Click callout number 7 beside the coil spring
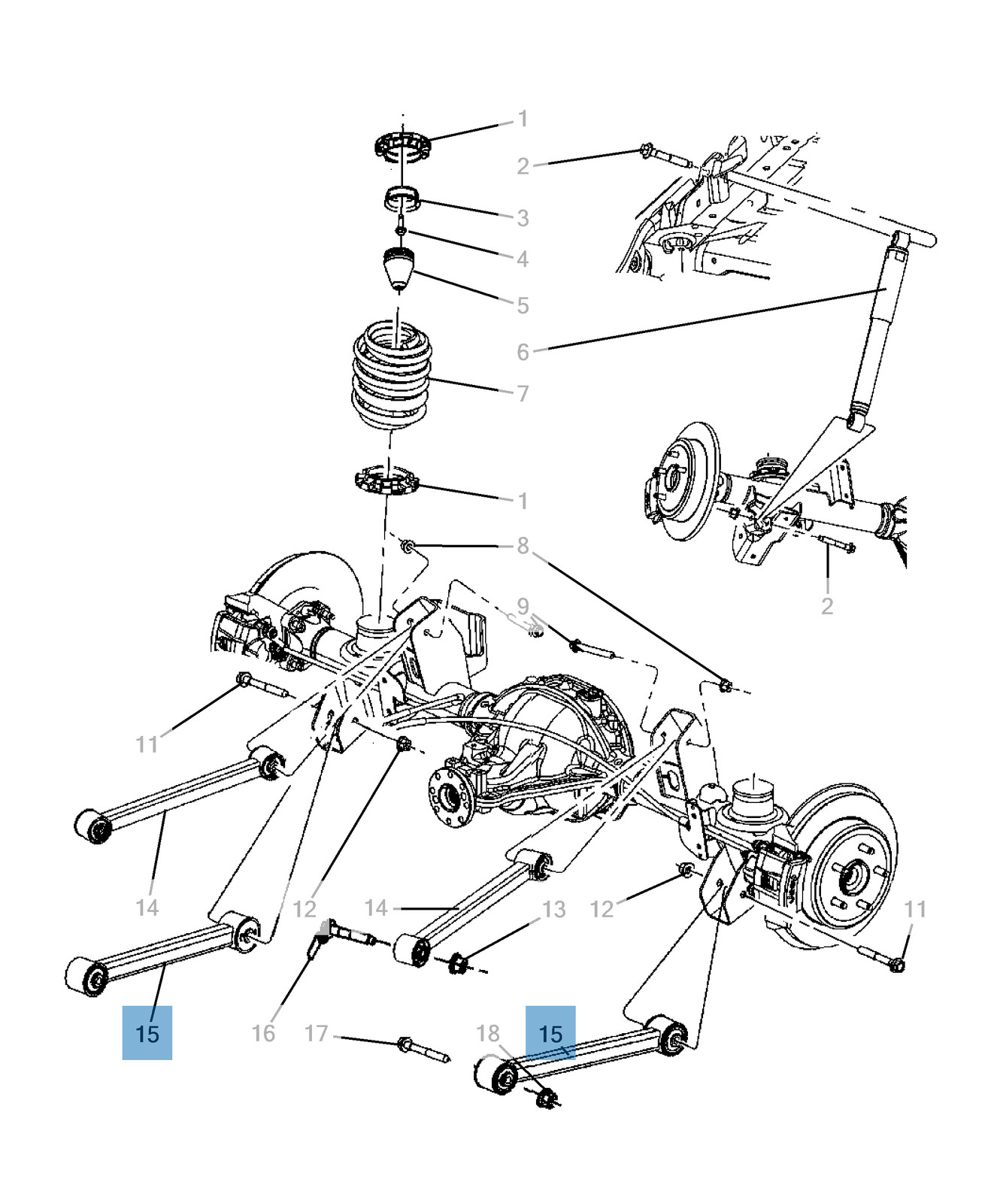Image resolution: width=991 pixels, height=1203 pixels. coord(523,393)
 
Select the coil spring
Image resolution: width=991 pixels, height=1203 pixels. coord(393,376)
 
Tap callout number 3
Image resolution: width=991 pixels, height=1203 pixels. coord(523,218)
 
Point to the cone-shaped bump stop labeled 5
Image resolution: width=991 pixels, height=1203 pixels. coord(399,269)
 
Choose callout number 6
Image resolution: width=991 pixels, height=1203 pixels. coord(523,352)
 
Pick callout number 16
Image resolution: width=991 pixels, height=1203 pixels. coord(263,1033)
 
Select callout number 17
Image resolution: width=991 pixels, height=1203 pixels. coord(317,1034)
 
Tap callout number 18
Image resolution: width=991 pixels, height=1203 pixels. coord(488,1034)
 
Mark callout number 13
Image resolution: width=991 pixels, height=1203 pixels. coord(554,910)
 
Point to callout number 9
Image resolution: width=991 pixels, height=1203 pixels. coord(523,606)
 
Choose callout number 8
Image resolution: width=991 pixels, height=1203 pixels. coord(523,546)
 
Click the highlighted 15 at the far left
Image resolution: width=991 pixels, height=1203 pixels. coord(147,1033)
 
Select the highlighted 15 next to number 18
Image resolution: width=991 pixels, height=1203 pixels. coord(550,1033)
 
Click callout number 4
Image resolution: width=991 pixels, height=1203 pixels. coord(523,259)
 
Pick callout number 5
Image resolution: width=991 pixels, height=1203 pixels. coord(523,306)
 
